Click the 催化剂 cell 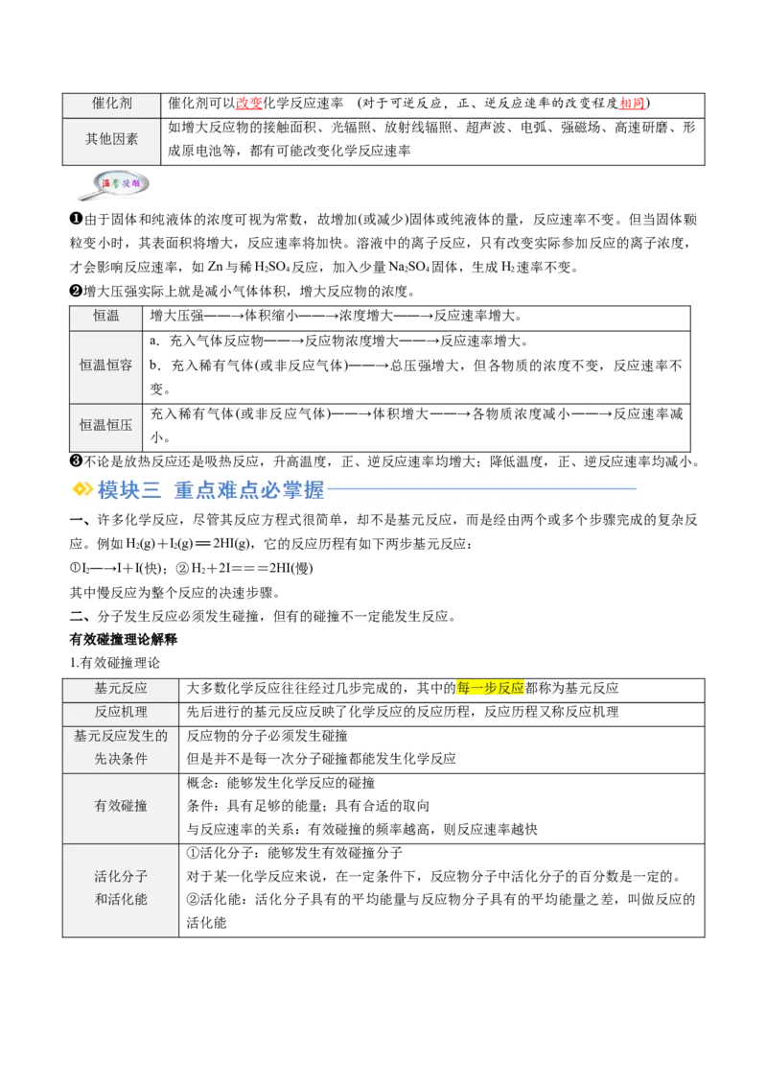[x=111, y=105]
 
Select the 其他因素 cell [x=111, y=140]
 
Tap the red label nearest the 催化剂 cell [x=249, y=105]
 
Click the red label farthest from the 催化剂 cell [x=633, y=105]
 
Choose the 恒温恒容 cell [x=106, y=366]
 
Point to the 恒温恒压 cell [x=106, y=425]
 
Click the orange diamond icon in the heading [x=82, y=489]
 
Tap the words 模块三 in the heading [x=129, y=490]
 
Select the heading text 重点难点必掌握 [x=249, y=490]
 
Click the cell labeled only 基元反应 [x=121, y=689]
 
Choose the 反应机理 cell [x=121, y=713]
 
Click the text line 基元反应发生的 [x=121, y=737]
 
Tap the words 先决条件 [x=121, y=760]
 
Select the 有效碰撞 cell [x=121, y=807]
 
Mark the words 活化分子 [x=121, y=877]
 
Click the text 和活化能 [x=121, y=900]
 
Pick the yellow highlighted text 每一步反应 [x=491, y=689]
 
